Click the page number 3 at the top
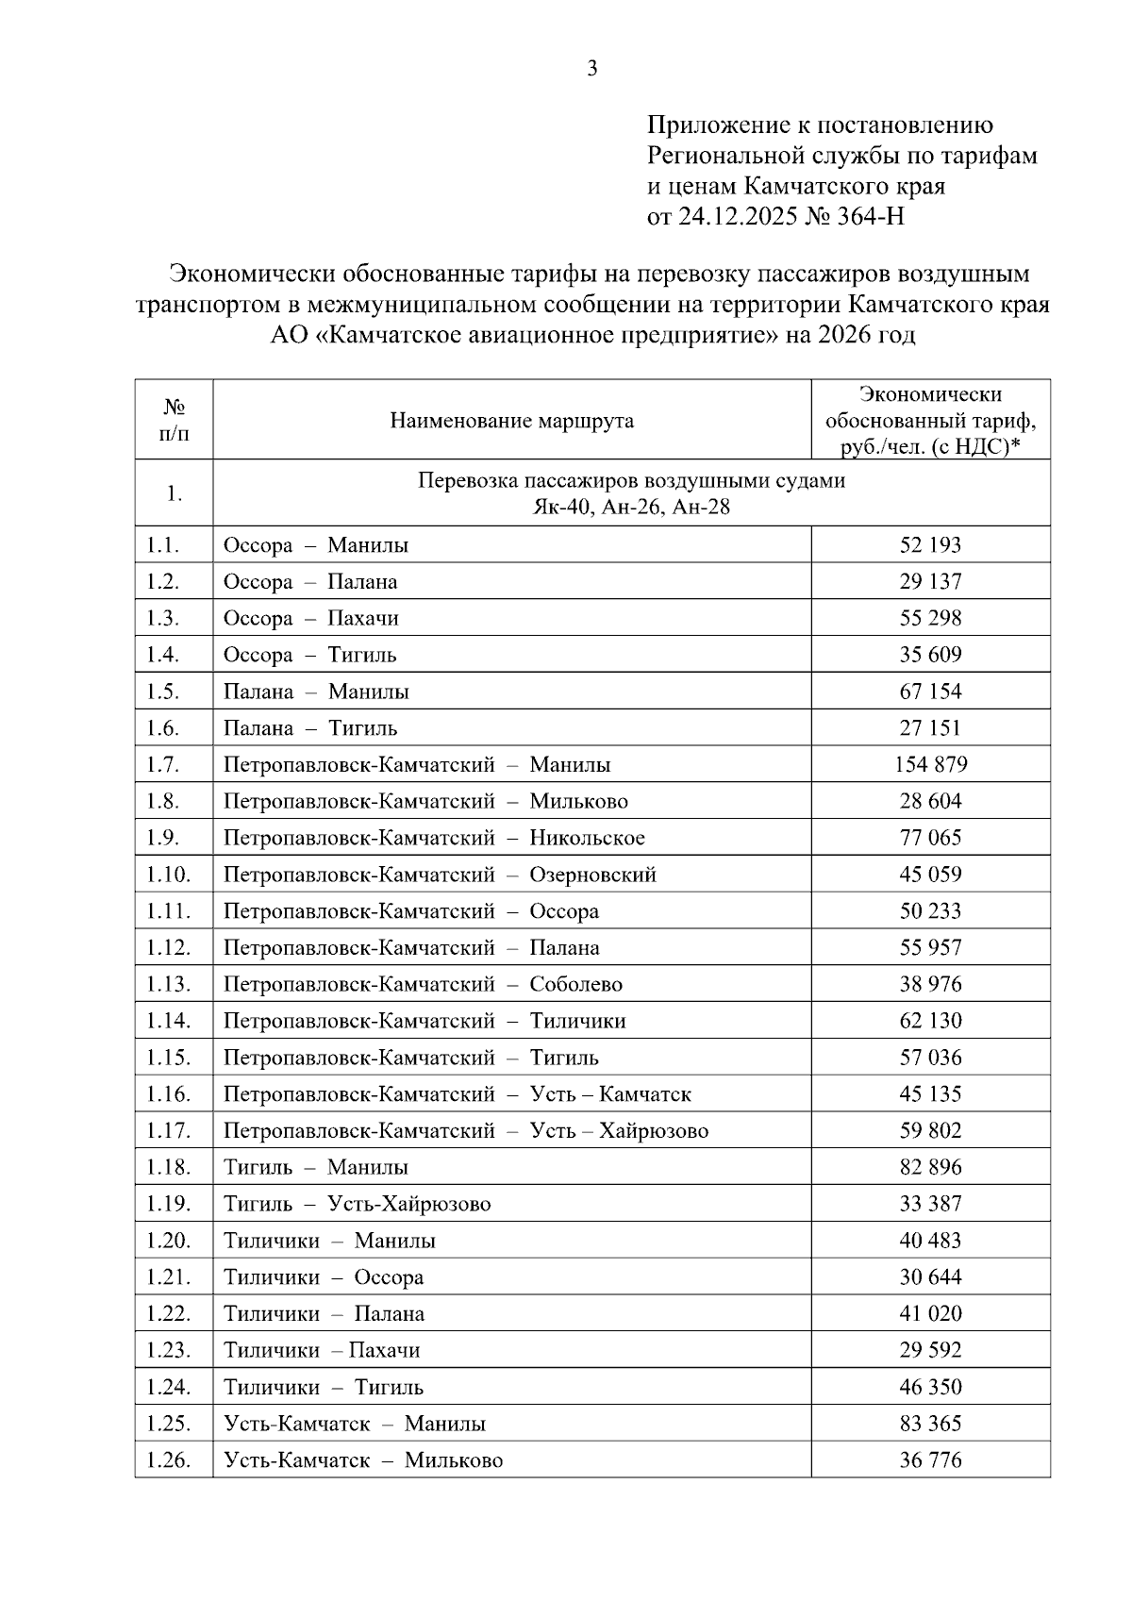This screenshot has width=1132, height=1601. pos(592,68)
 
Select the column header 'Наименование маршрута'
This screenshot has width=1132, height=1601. pos(511,421)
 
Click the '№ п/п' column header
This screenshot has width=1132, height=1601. pos(174,421)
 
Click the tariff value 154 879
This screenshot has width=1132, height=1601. pos(930,764)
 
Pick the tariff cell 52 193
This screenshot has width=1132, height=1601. pos(930,545)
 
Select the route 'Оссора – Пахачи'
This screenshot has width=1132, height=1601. pos(310,619)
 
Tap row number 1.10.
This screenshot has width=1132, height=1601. pos(168,875)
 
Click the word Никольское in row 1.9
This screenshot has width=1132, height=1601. pos(587,838)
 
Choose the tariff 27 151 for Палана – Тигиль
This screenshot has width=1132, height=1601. pos(930,728)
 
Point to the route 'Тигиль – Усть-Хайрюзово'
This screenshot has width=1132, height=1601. pos(357,1204)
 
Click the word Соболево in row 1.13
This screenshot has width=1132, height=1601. pos(575,984)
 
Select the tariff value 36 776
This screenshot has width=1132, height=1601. pos(930,1460)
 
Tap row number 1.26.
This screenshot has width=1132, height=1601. pos(168,1460)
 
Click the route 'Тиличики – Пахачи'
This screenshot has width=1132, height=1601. pos(321,1350)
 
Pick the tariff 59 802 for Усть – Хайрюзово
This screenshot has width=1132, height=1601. pos(930,1130)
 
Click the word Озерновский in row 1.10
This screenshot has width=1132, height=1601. pos(592,875)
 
